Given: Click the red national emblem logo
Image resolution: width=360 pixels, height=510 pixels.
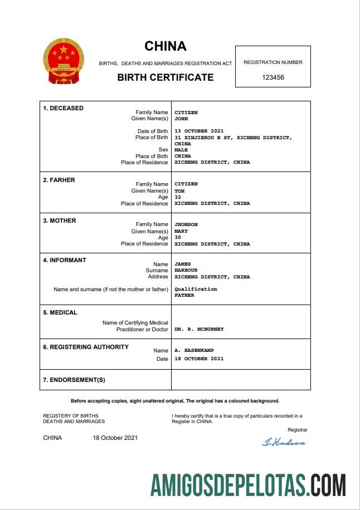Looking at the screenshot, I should tap(63, 61).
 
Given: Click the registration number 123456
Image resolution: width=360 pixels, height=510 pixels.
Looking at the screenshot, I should tap(273, 77).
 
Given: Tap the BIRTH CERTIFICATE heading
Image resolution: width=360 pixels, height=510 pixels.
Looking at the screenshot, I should tap(166, 77).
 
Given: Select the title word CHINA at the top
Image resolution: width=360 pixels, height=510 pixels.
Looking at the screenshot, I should tap(166, 46).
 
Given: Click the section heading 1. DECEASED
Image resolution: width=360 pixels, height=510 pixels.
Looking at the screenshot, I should tap(64, 108).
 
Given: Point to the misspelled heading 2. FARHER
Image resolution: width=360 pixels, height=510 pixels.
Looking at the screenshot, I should tap(59, 180).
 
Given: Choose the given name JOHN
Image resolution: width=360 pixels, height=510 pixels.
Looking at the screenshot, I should tap(181, 119).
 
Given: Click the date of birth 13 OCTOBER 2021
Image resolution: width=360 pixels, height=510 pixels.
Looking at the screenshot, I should tap(199, 131).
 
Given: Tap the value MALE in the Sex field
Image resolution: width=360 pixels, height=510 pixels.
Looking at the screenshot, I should tap(181, 150).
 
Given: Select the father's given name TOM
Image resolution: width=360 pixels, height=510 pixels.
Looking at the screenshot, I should tap(179, 191).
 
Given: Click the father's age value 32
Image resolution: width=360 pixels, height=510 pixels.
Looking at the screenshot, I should tap(178, 197).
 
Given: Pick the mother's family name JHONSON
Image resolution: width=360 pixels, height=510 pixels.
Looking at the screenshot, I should tap(186, 224).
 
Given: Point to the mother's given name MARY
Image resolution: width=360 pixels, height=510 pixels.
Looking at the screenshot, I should tap(181, 231).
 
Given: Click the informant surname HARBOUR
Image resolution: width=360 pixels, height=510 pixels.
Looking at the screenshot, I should tap(186, 271).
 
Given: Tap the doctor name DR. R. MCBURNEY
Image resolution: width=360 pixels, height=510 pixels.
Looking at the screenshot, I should tap(199, 329).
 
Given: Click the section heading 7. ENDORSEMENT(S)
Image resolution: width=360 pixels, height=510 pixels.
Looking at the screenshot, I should tap(74, 380).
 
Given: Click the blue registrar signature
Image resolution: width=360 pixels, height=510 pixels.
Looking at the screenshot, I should tap(284, 443).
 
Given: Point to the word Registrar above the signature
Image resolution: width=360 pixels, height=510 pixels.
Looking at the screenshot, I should tap(297, 430).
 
